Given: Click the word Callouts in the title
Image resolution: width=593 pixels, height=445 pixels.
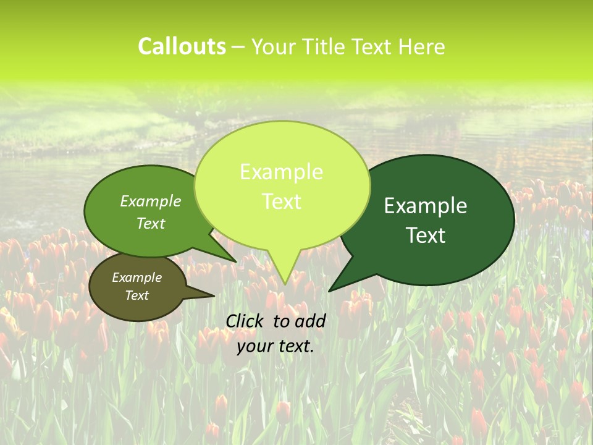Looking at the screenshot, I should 182,47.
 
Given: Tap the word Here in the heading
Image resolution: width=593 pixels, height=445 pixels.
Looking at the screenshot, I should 421,47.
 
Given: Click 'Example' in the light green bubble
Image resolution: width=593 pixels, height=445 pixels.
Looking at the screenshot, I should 281,172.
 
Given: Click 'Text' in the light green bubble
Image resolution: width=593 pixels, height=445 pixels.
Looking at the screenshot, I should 281,201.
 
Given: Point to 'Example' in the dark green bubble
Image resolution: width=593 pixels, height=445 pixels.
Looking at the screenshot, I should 426,206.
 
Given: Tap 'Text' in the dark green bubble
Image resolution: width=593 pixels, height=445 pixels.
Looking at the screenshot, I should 426,235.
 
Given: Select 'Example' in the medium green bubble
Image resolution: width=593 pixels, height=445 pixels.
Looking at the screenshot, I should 151,201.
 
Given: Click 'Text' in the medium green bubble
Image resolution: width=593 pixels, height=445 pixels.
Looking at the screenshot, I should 151,223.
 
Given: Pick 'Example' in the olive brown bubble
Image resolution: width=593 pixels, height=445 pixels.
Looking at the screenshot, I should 137,278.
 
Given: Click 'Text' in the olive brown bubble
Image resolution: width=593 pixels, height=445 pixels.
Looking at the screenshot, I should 137,295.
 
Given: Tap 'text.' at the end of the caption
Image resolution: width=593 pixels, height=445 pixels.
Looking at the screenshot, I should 294,346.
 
